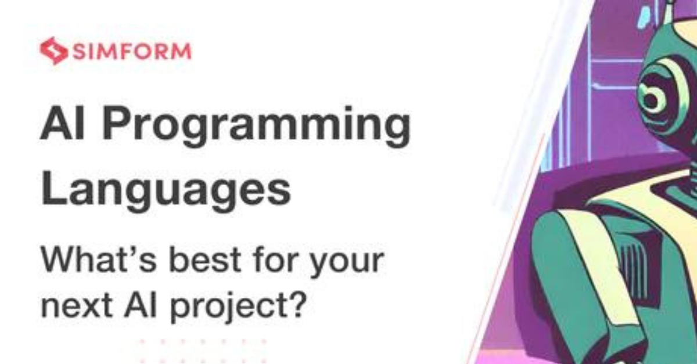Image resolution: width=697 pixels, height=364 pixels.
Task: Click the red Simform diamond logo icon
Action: [x=53, y=51]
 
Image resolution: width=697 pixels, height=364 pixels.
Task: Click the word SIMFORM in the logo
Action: [x=132, y=51]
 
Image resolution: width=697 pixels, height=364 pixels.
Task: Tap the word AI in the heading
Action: [x=63, y=124]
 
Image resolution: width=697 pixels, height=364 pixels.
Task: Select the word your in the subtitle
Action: [x=346, y=265]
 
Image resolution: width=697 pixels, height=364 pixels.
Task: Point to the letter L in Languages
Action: [x=53, y=189]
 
